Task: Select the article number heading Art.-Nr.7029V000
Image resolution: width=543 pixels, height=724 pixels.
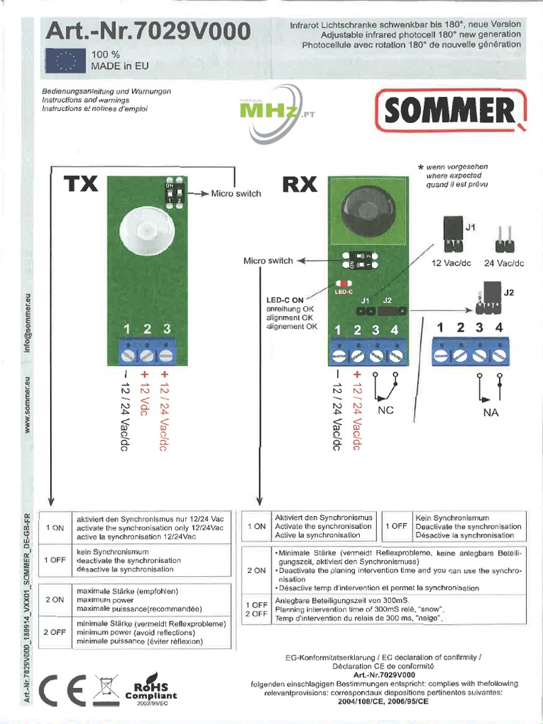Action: pos(148,32)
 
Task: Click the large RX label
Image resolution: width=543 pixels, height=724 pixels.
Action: pos(300,185)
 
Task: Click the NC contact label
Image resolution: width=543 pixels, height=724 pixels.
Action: pos(386,409)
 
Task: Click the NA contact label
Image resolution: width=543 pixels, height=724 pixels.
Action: pos(491,412)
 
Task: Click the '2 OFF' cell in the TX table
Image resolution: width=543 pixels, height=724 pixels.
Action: pos(55,632)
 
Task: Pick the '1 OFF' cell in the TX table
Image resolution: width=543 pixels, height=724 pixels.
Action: pos(55,560)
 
